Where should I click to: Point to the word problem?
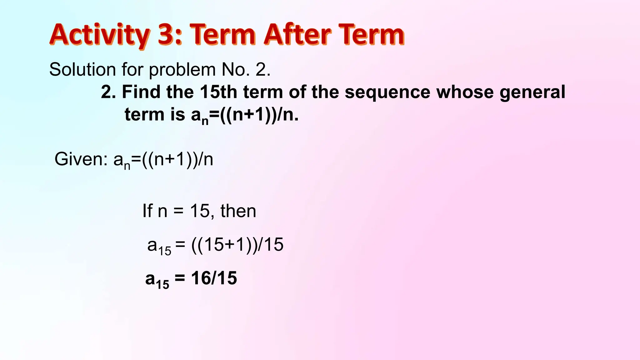182,70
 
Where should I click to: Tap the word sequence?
387,92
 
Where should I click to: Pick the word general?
532,92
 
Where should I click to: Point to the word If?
147,211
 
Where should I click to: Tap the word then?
238,211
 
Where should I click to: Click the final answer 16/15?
214,278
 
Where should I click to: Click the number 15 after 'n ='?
199,211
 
